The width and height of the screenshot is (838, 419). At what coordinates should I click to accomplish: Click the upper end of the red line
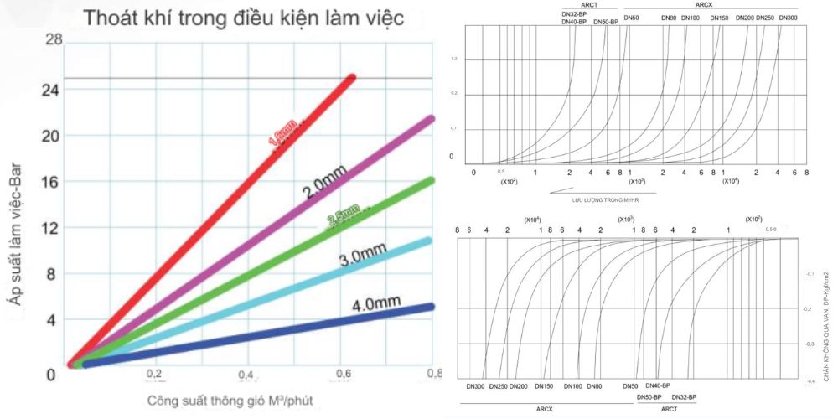[x=351, y=78]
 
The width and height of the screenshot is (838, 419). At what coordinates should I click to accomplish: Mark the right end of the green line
[x=431, y=181]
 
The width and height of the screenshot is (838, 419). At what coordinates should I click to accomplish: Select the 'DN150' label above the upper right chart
[x=720, y=18]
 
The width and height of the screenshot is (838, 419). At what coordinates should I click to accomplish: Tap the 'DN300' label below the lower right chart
[x=475, y=386]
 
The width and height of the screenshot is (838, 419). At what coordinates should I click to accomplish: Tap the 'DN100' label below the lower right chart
[x=573, y=386]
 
